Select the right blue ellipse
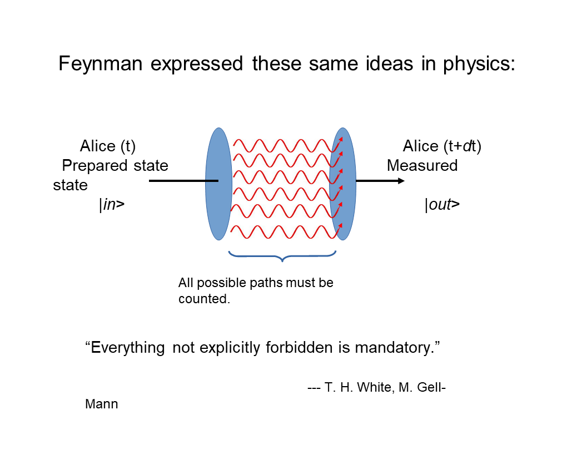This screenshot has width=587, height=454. pos(343,184)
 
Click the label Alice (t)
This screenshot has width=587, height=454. pos(108,146)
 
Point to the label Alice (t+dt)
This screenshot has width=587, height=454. pos(442,146)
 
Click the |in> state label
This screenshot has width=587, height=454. pos(112,205)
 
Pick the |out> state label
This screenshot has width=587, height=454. pos(442,205)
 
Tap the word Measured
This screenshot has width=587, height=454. pos(422,166)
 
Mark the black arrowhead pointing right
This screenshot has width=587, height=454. pos(400,181)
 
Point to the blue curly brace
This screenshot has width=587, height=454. pos(282,256)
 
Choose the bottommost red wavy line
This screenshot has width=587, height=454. pos(283,230)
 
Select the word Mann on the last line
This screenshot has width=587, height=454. pos(101,404)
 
